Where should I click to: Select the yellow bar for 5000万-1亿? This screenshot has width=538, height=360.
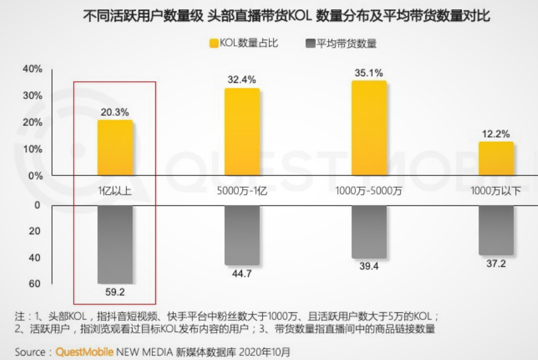242,131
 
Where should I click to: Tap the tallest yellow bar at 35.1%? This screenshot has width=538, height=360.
369,128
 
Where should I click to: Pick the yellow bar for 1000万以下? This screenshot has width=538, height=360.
496,159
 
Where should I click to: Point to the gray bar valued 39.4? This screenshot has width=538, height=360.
369,231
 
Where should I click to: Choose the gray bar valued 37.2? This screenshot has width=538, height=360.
496,229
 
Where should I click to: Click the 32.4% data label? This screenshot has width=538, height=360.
242,79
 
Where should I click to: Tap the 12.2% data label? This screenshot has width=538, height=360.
496,133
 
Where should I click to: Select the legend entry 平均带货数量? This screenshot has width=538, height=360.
340,43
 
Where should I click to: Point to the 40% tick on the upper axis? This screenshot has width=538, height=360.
32,69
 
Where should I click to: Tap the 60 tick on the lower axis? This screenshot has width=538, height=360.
35,284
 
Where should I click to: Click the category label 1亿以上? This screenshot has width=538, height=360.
115,190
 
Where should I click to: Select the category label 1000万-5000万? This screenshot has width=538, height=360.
369,190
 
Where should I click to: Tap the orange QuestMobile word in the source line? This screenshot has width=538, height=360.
84,351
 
